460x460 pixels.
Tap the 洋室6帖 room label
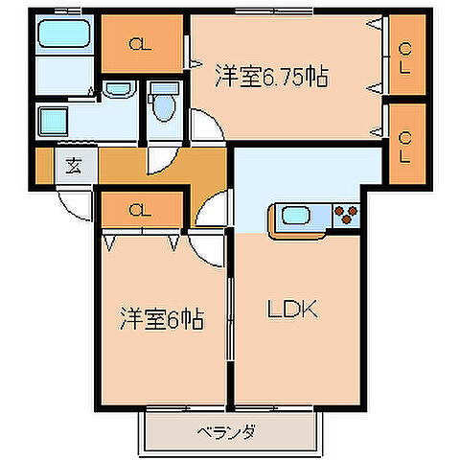(162, 318)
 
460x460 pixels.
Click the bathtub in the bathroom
(63, 37)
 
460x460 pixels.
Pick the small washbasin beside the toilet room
(119, 90)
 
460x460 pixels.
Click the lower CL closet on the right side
(405, 149)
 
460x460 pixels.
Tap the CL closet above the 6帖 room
(139, 208)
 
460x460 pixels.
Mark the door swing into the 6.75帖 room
(204, 127)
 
